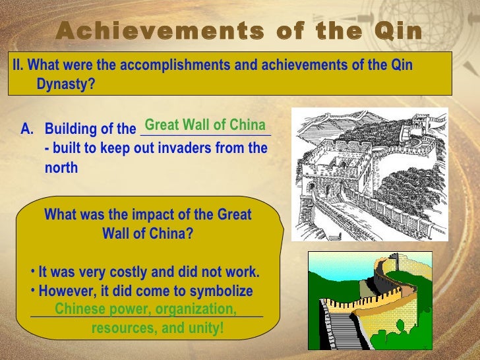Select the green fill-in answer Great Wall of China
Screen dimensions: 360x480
tap(204, 125)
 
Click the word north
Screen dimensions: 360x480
tap(61, 168)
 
